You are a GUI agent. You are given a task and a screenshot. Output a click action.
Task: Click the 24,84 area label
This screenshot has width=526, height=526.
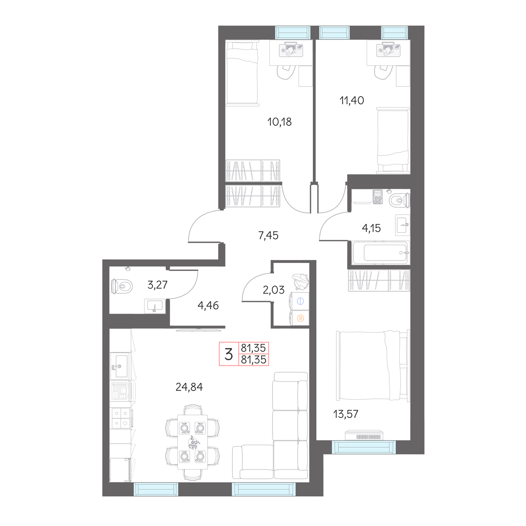click(189, 387)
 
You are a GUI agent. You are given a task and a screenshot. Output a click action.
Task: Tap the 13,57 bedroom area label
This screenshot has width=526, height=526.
click(345, 414)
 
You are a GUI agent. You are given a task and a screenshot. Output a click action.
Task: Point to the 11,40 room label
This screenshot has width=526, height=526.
click(351, 100)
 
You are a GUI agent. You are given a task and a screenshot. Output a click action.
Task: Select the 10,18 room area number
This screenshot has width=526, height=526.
click(279, 122)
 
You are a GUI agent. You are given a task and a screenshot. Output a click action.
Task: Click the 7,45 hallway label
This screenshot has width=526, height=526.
click(268, 235)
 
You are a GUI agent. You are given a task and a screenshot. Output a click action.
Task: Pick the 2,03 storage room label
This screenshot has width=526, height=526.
click(273, 290)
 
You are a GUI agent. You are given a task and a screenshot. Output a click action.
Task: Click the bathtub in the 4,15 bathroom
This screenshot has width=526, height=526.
click(381, 253)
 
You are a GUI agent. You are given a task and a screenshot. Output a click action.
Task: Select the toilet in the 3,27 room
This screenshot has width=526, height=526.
click(122, 286)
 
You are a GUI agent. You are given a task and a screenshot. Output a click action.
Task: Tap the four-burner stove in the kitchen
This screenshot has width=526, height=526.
click(120, 418)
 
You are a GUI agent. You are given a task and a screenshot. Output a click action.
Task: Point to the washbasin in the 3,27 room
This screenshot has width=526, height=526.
click(155, 306)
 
